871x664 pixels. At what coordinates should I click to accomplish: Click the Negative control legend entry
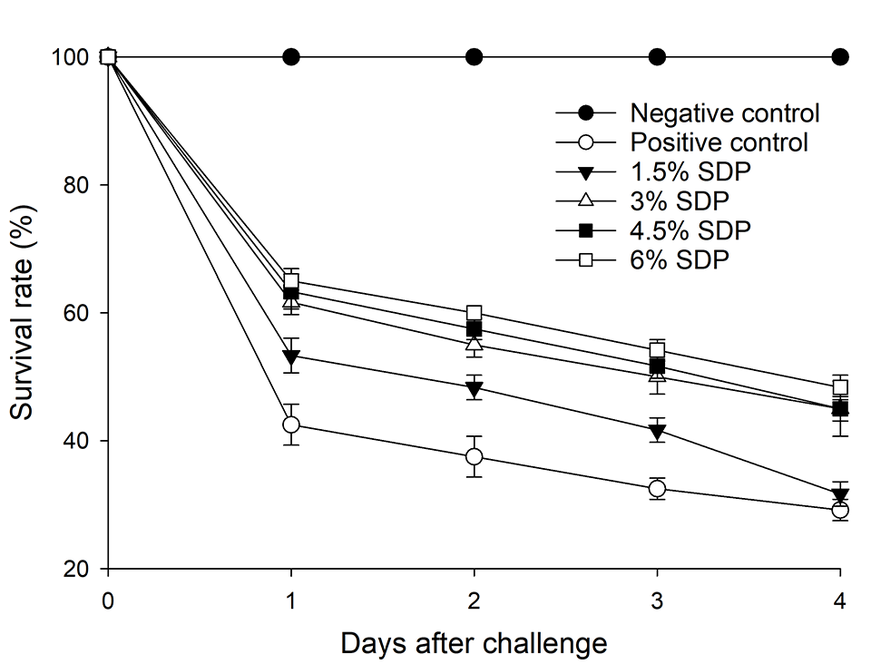(724, 113)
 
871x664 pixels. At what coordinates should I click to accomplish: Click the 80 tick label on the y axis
(75, 185)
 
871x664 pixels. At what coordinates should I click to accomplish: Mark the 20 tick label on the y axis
(75, 569)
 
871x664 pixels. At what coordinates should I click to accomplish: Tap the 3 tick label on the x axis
(657, 600)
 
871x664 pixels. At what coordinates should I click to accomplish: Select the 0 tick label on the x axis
(109, 600)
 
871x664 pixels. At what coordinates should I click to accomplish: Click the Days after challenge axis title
(474, 643)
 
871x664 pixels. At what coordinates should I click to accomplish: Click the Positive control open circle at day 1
(291, 425)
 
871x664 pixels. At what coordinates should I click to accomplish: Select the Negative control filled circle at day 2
(474, 57)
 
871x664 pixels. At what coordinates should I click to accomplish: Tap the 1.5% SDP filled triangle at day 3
(657, 433)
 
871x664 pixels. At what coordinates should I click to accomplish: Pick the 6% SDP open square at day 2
(474, 313)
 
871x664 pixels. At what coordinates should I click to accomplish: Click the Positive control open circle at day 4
(840, 511)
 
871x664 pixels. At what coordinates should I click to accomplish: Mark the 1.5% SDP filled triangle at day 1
(291, 356)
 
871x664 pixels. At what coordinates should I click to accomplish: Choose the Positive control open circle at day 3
(657, 489)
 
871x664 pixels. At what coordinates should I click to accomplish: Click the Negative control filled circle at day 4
(840, 57)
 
